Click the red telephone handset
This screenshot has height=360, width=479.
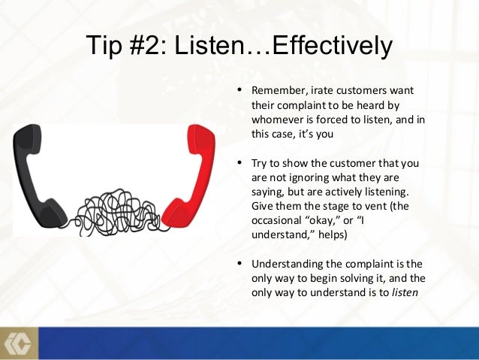point(188,173)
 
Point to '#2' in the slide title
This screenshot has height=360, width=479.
point(148,47)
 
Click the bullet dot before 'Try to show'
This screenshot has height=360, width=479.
point(239,162)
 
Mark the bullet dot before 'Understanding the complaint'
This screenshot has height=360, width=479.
point(239,264)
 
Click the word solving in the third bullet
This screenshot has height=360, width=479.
point(341,278)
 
